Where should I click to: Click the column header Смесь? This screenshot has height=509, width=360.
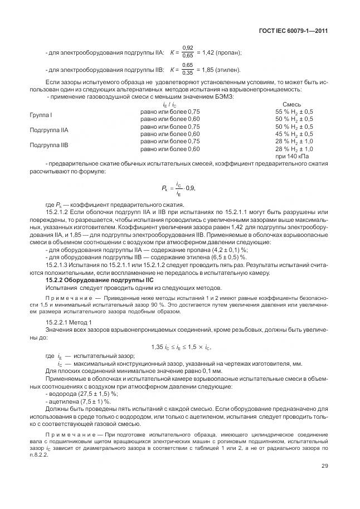coord(292,104)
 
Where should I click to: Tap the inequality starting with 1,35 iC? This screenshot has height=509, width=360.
coord(179,347)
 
